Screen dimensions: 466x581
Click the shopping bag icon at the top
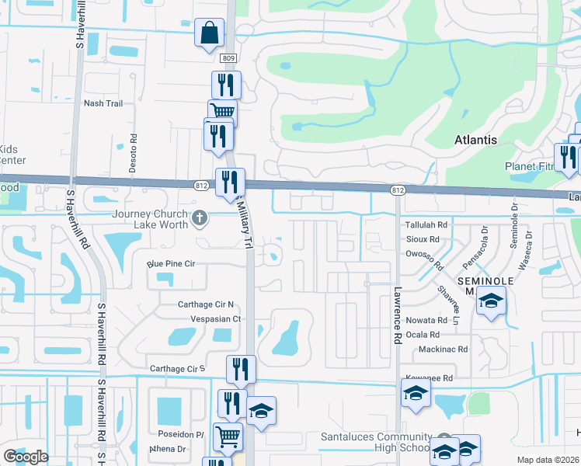coord(209,33)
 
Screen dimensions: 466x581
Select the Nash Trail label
coord(103,103)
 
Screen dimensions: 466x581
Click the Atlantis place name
coord(475,140)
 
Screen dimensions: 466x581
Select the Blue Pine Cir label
coord(172,264)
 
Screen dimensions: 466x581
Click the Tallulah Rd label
coord(427,224)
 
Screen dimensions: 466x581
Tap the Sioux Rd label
coord(423,240)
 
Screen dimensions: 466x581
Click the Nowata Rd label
coord(427,320)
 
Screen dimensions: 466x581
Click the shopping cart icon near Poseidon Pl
coord(228,436)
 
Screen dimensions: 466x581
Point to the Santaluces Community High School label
coord(375,442)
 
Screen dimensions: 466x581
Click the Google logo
coord(26,457)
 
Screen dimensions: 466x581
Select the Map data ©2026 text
coord(548,460)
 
